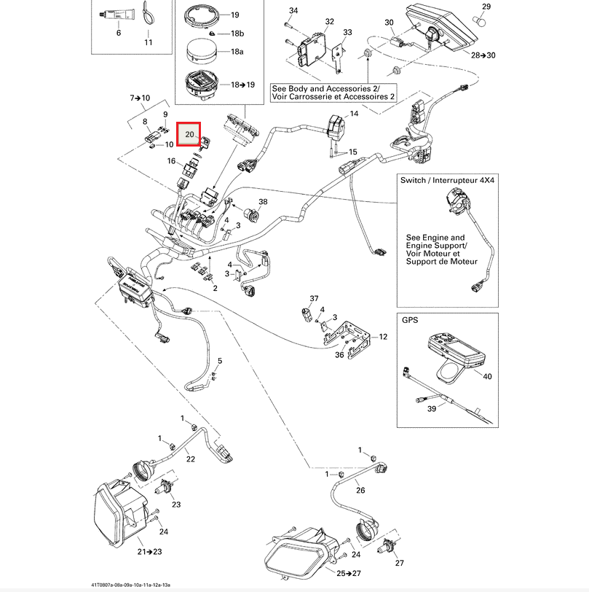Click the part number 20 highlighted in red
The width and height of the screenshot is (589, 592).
pyautogui.click(x=189, y=135)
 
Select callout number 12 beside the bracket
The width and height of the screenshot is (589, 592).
pyautogui.click(x=383, y=337)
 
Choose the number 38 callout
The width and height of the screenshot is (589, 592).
pyautogui.click(x=263, y=202)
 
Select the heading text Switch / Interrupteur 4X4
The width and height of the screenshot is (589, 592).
pyautogui.click(x=446, y=179)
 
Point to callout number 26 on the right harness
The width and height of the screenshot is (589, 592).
pyautogui.click(x=360, y=490)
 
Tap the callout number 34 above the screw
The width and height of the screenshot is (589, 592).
pyautogui.click(x=293, y=11)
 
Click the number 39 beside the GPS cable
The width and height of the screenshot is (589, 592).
pyautogui.click(x=431, y=410)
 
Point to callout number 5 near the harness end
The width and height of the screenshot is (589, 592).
pyautogui.click(x=220, y=361)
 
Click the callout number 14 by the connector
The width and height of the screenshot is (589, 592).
pyautogui.click(x=354, y=114)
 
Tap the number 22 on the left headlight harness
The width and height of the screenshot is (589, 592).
pyautogui.click(x=190, y=459)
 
